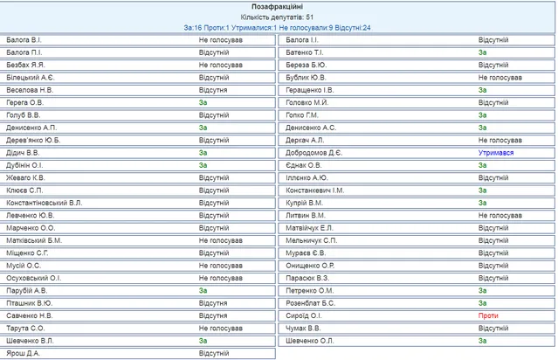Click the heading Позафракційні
point(279,6)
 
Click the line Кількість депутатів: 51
point(279,17)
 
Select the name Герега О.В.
point(24,102)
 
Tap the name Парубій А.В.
point(27,290)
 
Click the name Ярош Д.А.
point(23,353)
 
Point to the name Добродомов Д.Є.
point(314,152)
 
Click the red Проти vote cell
point(487,315)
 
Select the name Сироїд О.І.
point(305,315)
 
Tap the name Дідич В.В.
point(23,152)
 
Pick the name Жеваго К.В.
point(25,177)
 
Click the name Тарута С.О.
point(25,328)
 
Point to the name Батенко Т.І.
point(306,52)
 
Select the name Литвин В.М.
point(306,215)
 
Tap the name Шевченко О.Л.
point(311,340)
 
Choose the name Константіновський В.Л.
point(45,203)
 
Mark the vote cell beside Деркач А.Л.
point(499,140)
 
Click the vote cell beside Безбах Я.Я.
point(220,65)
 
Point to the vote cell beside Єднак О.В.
point(482,165)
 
